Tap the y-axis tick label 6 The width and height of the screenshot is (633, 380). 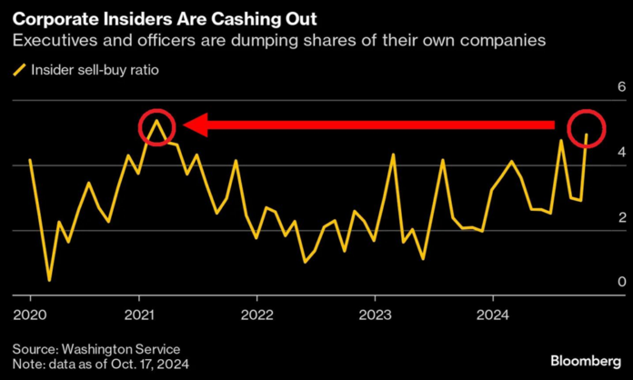(x=597, y=87)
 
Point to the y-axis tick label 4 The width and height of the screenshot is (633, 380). (x=597, y=153)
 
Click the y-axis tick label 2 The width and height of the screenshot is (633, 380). (x=597, y=217)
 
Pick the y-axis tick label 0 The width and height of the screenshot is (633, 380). (x=597, y=283)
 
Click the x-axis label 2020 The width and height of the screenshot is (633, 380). (x=30, y=311)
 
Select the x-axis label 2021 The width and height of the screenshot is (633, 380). (x=138, y=311)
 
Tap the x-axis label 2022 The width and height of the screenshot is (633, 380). (x=256, y=311)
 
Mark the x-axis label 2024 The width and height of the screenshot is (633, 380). (x=492, y=311)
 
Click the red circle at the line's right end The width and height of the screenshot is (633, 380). (x=587, y=127)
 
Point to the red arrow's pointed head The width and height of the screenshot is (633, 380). (x=186, y=125)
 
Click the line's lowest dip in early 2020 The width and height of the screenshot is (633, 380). (x=49, y=280)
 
